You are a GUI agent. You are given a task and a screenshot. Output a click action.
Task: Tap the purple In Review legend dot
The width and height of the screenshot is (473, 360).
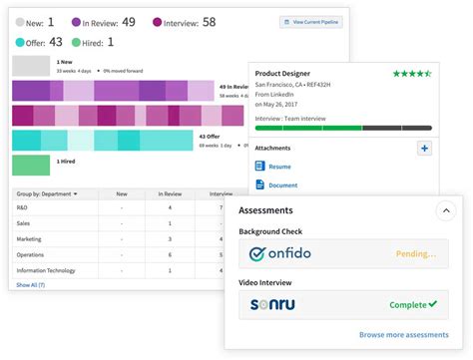click(76, 21)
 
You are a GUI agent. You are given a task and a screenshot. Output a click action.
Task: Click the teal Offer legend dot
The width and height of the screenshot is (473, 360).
click(19, 43)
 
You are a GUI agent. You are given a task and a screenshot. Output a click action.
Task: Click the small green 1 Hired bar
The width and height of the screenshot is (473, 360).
click(30, 166)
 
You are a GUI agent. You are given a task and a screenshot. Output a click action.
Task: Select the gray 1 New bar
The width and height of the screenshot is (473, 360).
click(30, 66)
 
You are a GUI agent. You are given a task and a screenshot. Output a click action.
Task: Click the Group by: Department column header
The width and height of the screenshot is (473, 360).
click(47, 193)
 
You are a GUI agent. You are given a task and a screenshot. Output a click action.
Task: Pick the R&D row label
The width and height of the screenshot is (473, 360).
click(23, 208)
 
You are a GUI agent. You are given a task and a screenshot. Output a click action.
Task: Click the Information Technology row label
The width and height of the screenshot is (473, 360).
click(46, 271)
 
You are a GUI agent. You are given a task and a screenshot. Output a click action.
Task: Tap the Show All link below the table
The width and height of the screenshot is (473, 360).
click(30, 285)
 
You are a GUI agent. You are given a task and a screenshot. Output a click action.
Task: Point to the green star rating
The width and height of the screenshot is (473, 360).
click(411, 74)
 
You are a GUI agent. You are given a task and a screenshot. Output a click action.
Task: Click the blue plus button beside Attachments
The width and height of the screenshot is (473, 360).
click(423, 149)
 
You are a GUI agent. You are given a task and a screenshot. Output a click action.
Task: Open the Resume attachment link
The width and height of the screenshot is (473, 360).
click(279, 167)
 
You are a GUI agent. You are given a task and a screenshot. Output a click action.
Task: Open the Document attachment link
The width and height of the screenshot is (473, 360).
click(282, 184)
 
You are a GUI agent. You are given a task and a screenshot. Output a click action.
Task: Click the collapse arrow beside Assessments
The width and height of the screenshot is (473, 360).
click(445, 210)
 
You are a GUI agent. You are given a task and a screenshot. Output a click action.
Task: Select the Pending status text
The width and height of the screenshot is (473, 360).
click(416, 254)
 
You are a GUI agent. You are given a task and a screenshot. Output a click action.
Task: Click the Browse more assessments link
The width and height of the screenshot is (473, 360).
click(404, 335)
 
